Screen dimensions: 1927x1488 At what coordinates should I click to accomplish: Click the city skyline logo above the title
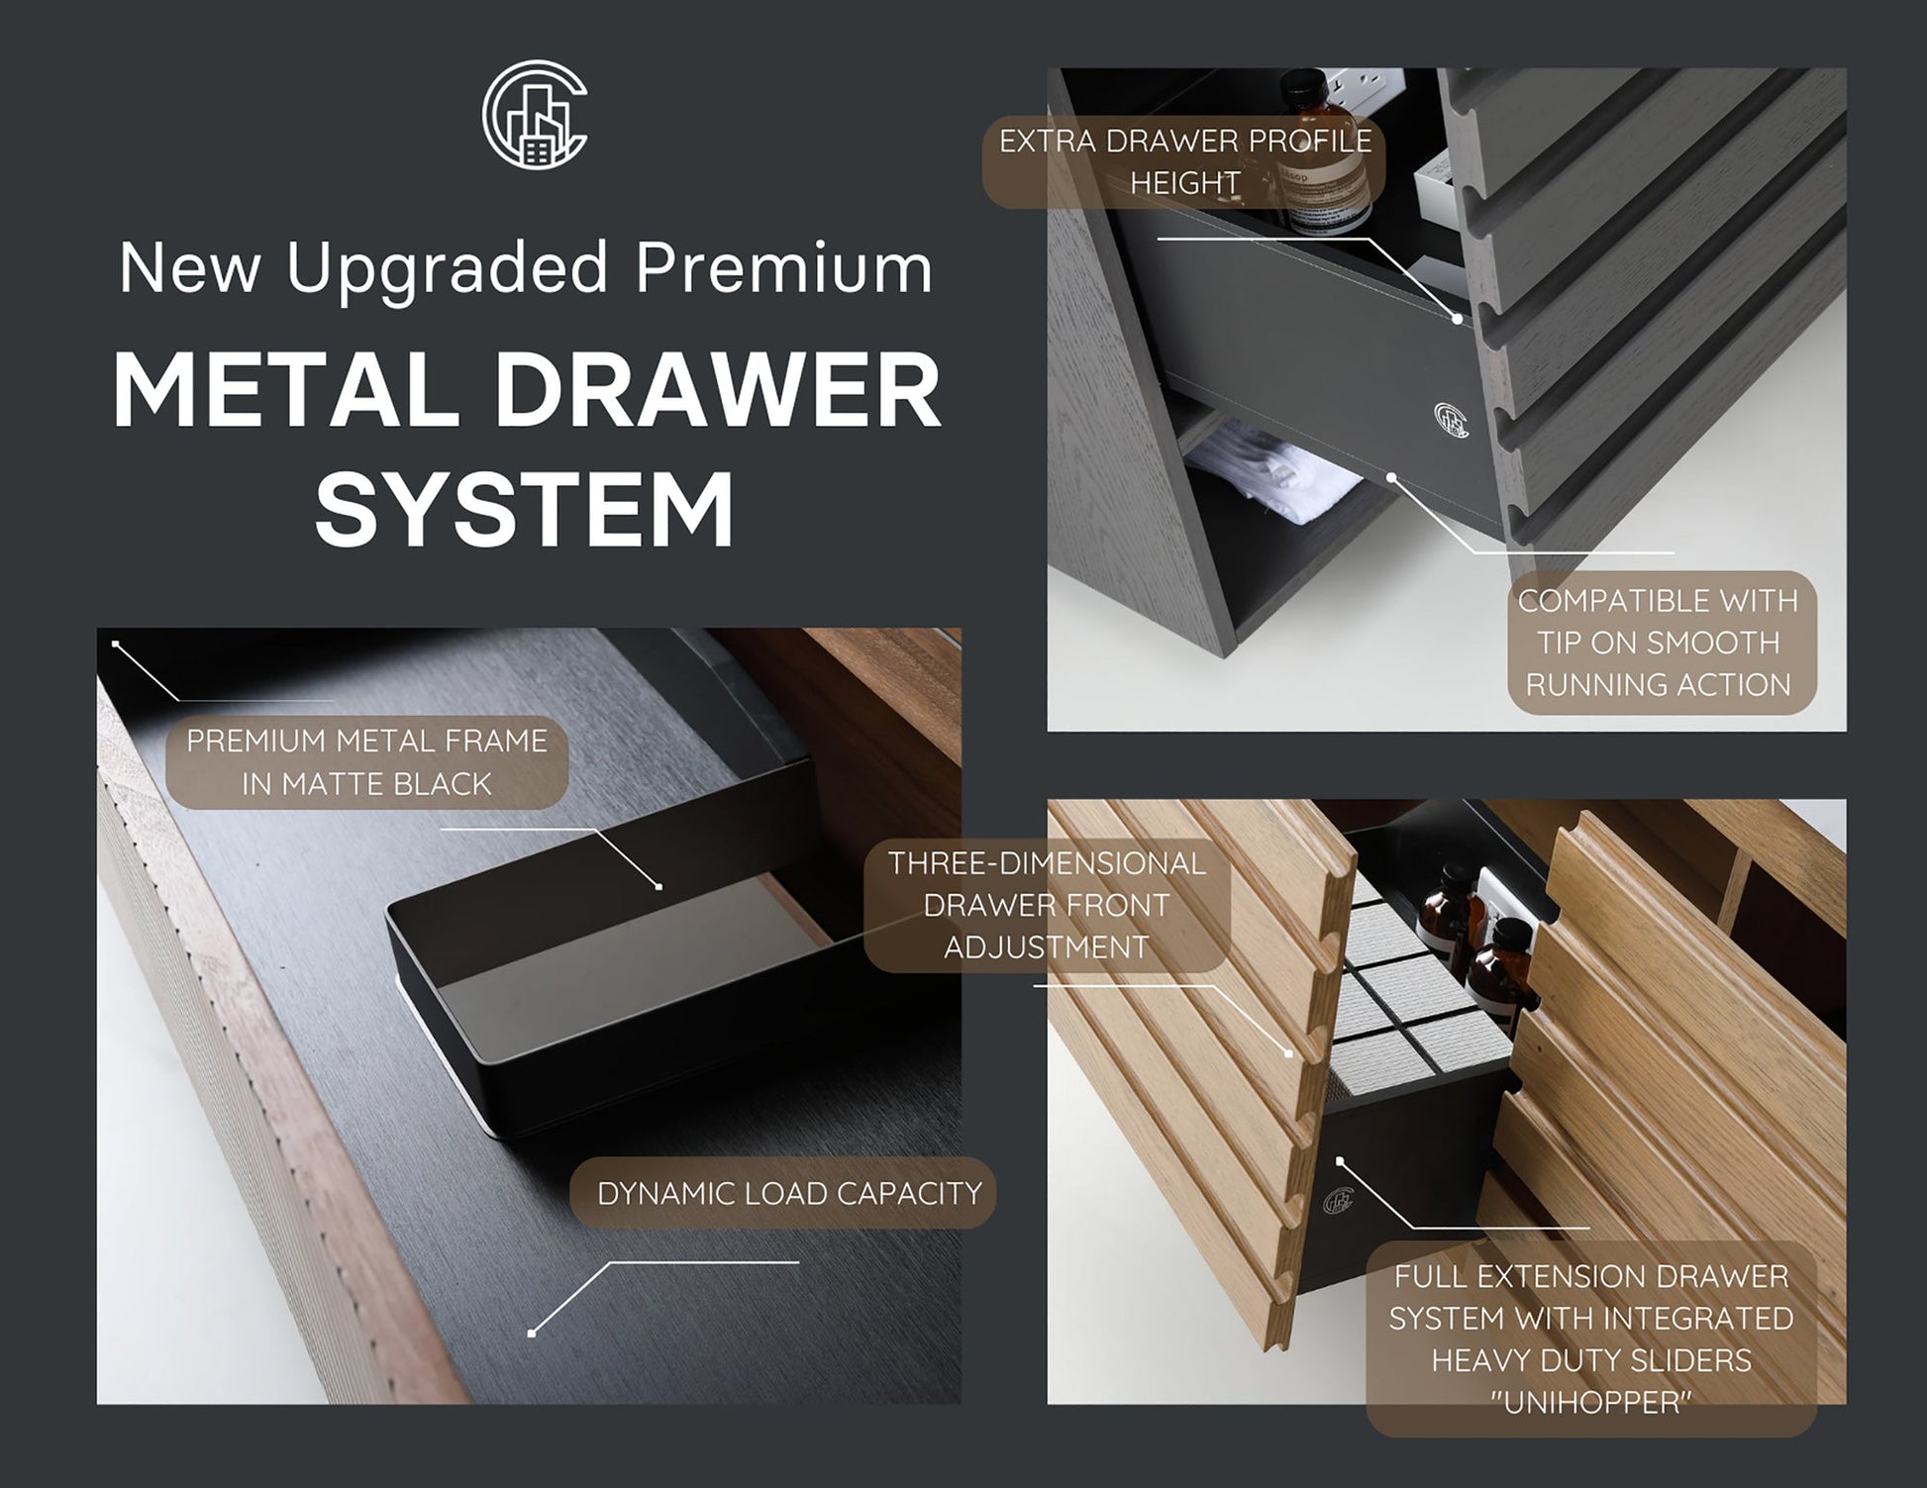(535, 112)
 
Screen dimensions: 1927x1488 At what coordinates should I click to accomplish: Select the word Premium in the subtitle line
(783, 267)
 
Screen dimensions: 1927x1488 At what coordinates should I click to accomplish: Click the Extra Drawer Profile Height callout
(1185, 162)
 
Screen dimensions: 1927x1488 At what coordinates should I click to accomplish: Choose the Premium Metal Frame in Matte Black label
(366, 762)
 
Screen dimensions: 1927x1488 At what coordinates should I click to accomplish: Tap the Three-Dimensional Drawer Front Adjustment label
(1047, 905)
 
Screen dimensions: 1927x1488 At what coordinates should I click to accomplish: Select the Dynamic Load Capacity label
(788, 1193)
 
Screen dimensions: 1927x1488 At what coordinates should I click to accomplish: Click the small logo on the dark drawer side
(1451, 419)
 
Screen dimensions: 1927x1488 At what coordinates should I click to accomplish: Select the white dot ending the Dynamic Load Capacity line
(532, 1334)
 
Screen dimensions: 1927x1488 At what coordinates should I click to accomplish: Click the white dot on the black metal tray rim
(659, 886)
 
